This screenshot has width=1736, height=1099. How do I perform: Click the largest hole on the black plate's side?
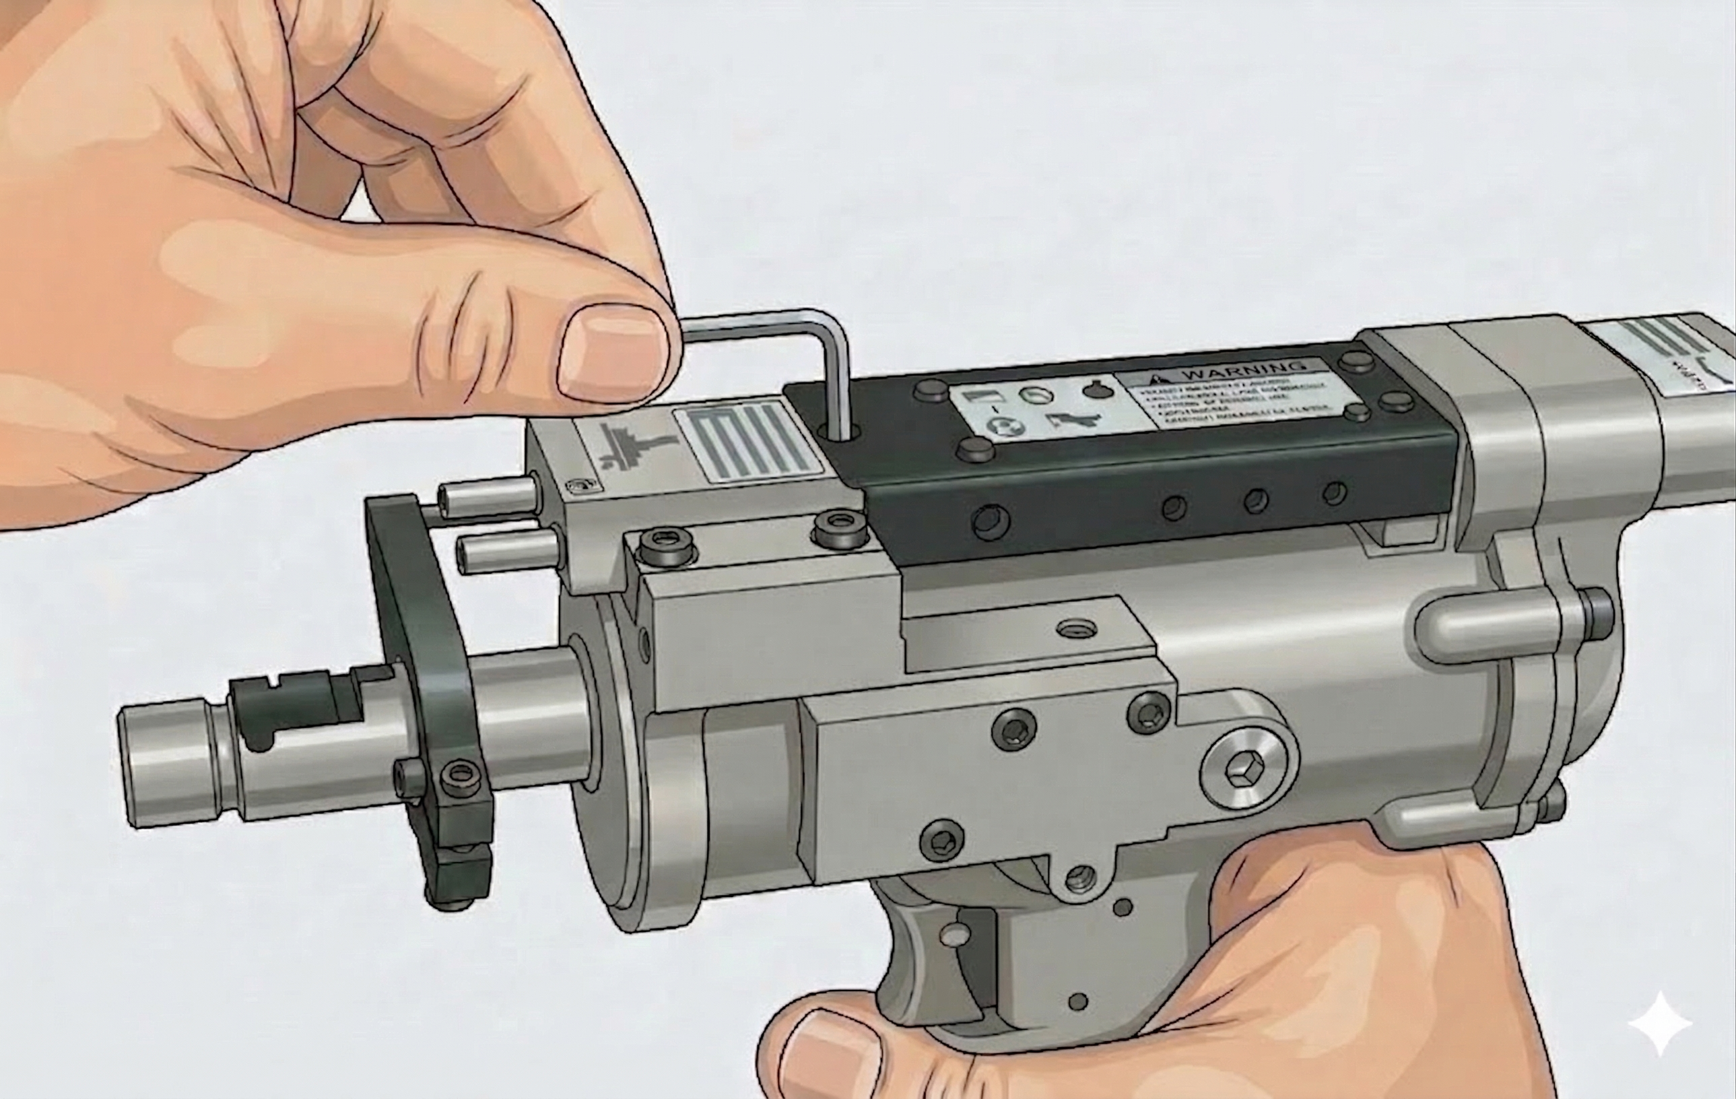tap(990, 521)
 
